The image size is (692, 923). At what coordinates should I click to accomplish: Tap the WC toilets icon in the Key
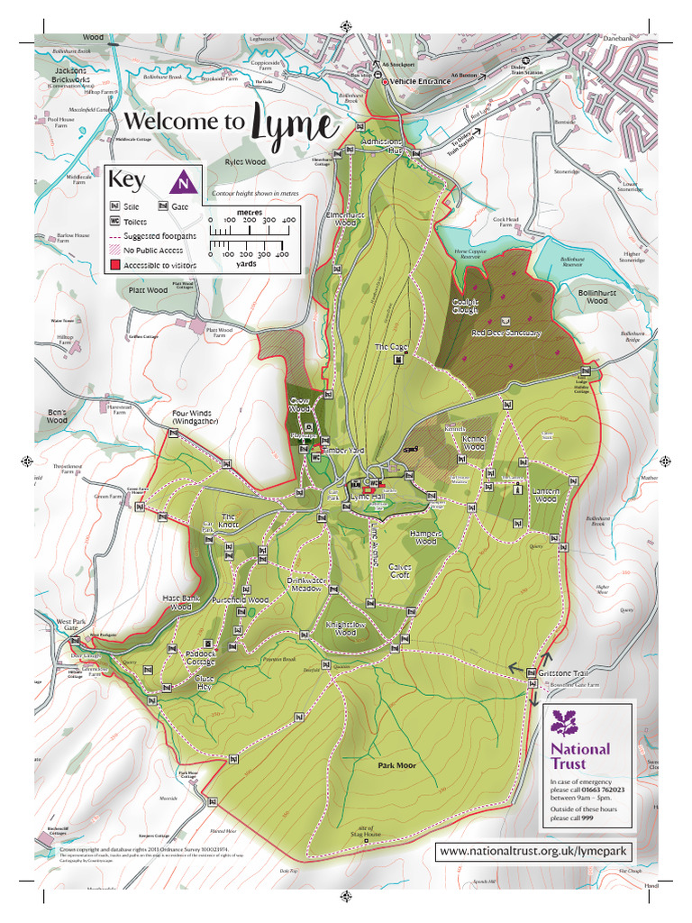[x=115, y=221]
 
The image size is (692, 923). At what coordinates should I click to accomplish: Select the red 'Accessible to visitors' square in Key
[x=115, y=265]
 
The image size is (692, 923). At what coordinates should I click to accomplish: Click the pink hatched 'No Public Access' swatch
[x=115, y=251]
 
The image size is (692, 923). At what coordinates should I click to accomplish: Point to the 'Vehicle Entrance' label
[x=420, y=82]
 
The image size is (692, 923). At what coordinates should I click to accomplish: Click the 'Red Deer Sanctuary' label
[x=506, y=333]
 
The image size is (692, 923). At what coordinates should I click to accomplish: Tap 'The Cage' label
[x=392, y=346]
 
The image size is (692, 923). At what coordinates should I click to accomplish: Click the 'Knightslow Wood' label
[x=346, y=627]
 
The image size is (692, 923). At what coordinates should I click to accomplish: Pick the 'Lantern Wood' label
[x=545, y=495]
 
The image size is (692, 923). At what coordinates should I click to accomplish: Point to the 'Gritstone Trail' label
[x=563, y=672]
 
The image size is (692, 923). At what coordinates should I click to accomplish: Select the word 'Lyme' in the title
[x=290, y=124]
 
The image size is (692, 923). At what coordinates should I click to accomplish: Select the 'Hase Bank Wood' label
[x=181, y=603]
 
